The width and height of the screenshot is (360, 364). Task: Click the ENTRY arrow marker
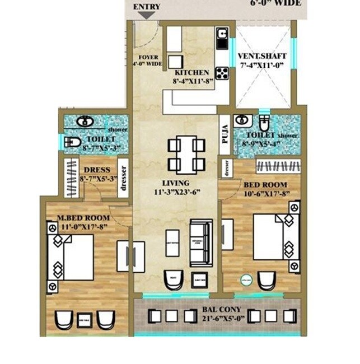[x=147, y=15]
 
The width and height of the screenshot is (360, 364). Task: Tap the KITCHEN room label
[x=191, y=73]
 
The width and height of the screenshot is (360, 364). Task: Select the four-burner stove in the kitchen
[x=222, y=72]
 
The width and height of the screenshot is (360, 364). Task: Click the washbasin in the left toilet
[x=85, y=122]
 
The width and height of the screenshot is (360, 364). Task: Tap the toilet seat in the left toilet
[x=72, y=142]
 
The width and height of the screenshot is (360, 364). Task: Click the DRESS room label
[x=96, y=170]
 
